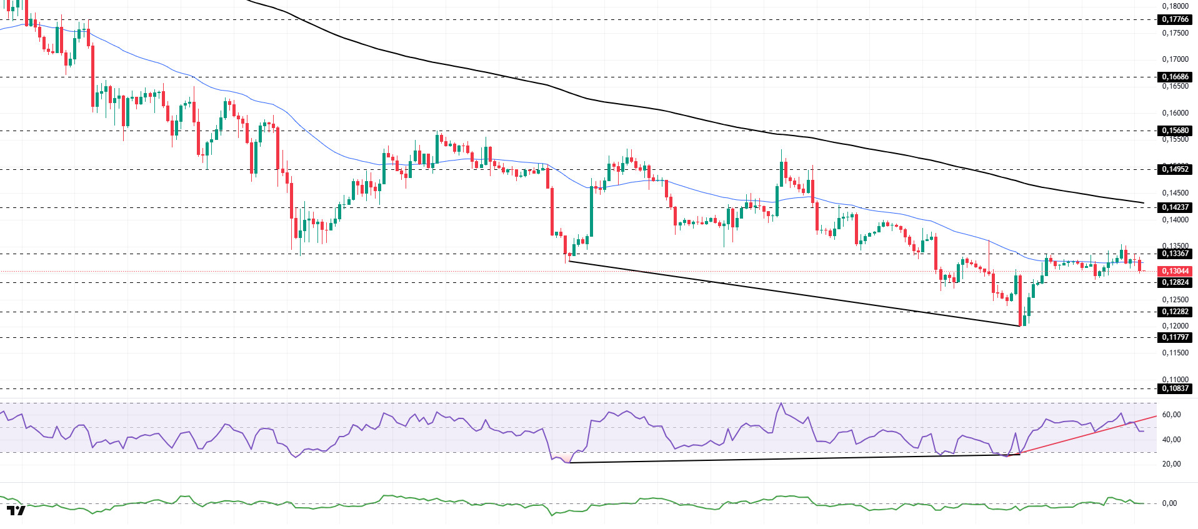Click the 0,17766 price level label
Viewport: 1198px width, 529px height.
1175,19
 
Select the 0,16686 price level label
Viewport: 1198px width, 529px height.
1175,77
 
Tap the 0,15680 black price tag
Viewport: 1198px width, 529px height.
1175,131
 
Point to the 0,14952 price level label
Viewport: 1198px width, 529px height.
1175,169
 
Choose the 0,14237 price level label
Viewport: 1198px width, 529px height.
1175,207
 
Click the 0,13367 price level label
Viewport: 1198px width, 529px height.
1175,254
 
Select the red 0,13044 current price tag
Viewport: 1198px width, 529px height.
1175,271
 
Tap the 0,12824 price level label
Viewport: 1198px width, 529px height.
1175,282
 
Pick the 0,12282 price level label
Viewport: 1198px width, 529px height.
1175,312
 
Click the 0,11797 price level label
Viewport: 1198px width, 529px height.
1175,337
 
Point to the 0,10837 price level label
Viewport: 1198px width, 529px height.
1175,388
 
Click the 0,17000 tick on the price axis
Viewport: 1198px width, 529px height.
1175,59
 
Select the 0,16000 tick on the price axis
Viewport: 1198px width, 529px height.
1175,113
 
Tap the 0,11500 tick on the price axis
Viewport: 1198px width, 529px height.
1175,353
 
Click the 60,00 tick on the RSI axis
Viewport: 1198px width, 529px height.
1171,415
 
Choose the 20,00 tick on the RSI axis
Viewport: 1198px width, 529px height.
1171,464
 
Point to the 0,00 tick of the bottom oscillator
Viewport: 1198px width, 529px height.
1169,503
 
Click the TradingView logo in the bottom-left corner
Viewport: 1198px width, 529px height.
16,510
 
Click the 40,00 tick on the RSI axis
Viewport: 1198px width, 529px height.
1171,440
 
